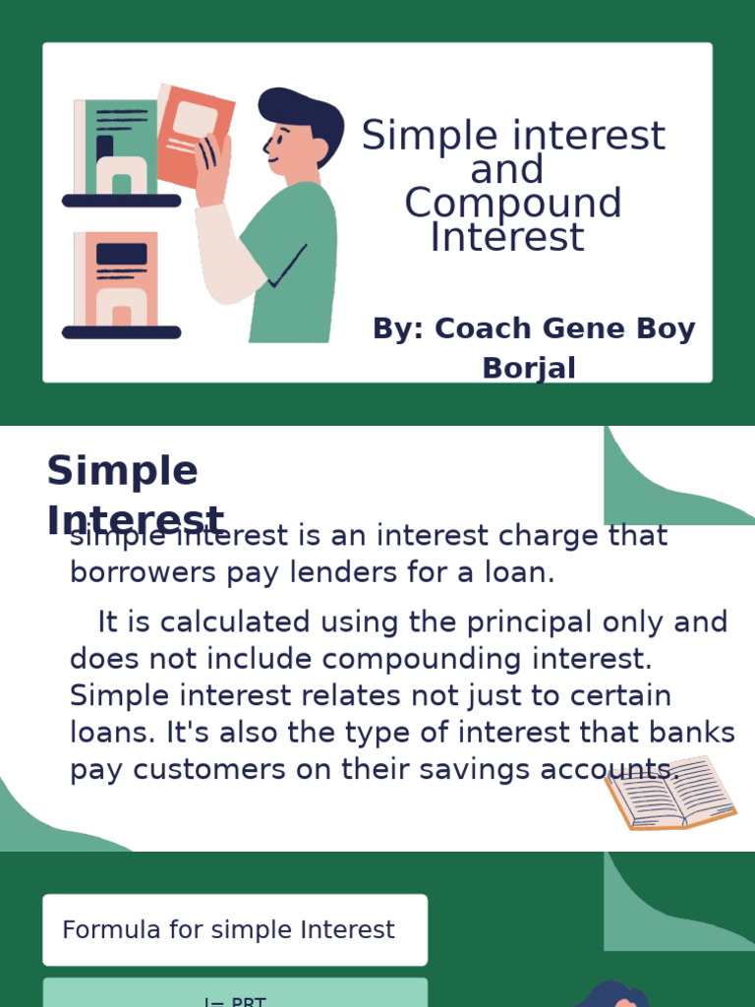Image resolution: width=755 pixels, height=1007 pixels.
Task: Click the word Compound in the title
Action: [512, 204]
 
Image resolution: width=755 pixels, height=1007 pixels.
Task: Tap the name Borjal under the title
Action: [529, 368]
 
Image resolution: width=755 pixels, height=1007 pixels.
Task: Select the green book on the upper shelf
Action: [120, 148]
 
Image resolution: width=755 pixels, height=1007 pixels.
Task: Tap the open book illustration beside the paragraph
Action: [670, 793]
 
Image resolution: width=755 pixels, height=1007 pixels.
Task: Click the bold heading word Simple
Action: [122, 471]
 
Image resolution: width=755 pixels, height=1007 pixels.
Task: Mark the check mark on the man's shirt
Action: [288, 267]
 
